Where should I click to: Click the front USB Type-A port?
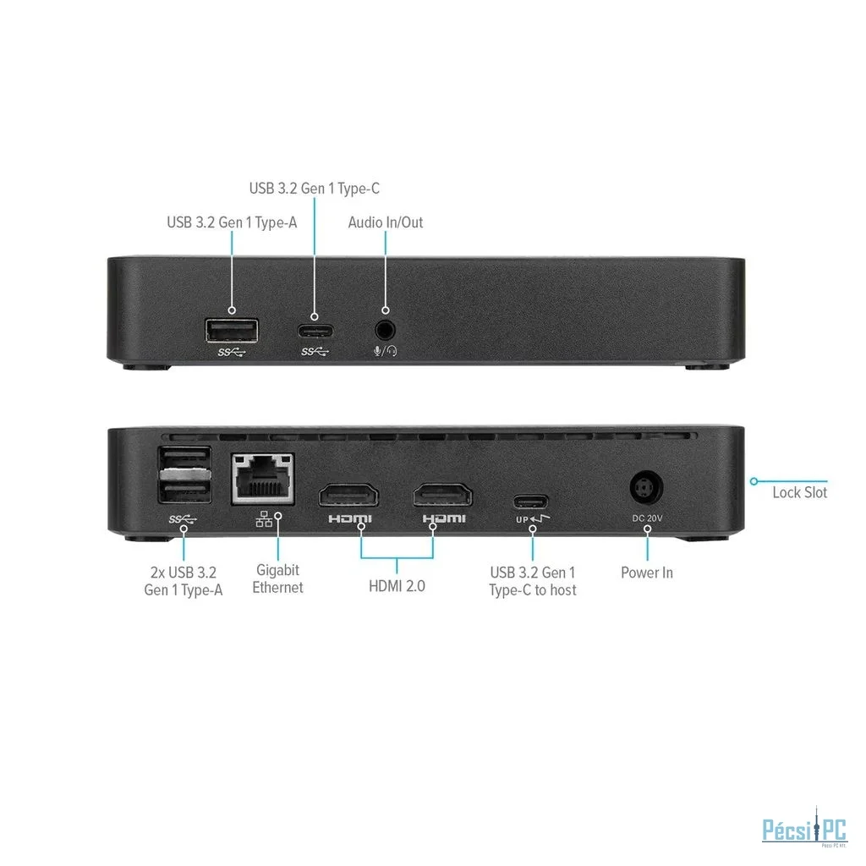coord(232,331)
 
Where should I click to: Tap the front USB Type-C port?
coord(315,332)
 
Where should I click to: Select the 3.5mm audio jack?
coord(385,331)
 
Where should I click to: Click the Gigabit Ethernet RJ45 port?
coord(262,479)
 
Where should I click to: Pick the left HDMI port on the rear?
coord(348,495)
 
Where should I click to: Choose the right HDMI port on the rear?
coord(443,494)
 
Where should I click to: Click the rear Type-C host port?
coord(531,502)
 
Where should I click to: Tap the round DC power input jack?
coord(646,487)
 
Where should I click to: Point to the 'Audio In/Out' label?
coord(386,222)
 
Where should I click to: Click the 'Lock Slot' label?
coord(800,493)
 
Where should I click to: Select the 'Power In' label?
coord(647,573)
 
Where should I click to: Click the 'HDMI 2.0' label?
coord(397,586)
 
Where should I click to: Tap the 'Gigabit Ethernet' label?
coord(277,578)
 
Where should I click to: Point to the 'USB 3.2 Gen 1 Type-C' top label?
coord(315,189)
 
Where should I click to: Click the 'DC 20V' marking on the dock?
coord(647,518)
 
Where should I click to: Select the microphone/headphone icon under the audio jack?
coord(385,351)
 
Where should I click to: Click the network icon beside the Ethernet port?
coord(264,519)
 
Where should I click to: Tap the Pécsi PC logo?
coord(804,828)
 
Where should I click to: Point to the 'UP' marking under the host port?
coord(522,520)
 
